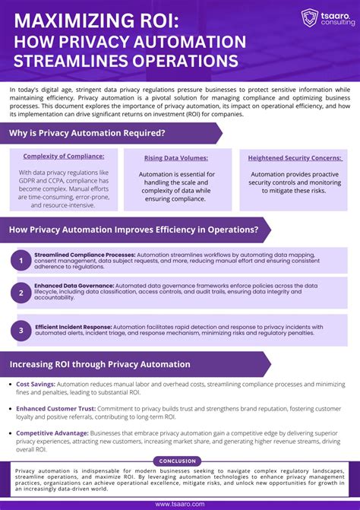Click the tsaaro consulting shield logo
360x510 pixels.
coord(309,17)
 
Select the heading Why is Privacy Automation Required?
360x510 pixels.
coord(87,134)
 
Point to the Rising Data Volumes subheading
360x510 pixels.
coord(176,158)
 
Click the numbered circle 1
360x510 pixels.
coord(21,261)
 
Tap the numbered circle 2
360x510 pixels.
coord(21,293)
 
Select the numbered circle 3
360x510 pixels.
coord(21,331)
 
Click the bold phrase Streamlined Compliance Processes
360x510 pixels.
coord(84,255)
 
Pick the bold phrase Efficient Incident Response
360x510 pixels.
coord(74,327)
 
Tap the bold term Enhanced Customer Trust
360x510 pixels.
coord(56,408)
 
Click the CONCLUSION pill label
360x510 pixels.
coord(178,461)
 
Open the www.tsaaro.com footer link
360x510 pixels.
coord(179,504)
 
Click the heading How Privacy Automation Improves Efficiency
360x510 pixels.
coord(134,230)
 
